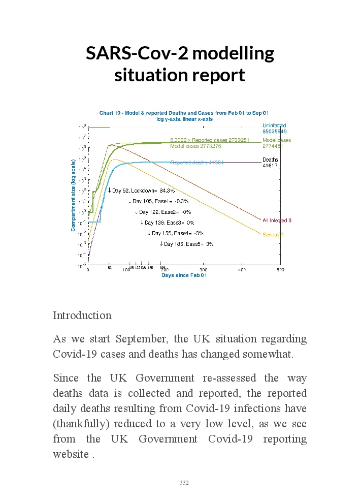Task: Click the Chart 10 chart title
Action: (x=183, y=113)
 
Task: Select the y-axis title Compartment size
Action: (x=73, y=195)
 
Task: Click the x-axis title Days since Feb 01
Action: (x=184, y=275)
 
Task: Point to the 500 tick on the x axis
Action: (x=280, y=269)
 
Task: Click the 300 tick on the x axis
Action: (x=204, y=269)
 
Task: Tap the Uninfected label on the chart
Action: (x=274, y=125)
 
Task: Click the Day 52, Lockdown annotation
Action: (x=142, y=191)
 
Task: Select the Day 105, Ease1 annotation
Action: (x=151, y=202)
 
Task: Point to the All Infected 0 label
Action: (x=277, y=220)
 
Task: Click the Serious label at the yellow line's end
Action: (x=273, y=235)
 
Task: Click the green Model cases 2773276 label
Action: (x=195, y=146)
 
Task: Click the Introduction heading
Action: (x=82, y=315)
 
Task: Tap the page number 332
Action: (x=184, y=483)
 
